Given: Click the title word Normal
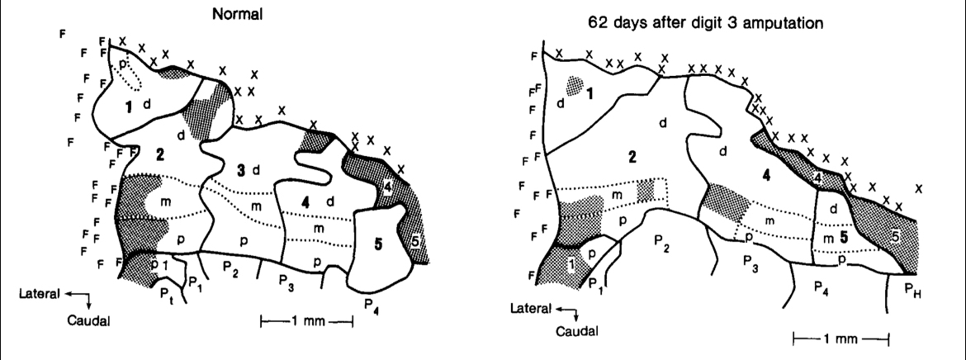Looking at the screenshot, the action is (x=237, y=16).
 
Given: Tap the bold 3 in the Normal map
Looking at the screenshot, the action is (x=241, y=168).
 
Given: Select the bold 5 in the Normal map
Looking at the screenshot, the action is (x=377, y=244).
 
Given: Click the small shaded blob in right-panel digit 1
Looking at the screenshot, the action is (x=575, y=85).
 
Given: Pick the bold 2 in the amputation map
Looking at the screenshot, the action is (x=632, y=157).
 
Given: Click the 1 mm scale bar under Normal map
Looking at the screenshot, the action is (x=307, y=320).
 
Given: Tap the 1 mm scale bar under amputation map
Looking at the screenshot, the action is (x=841, y=339).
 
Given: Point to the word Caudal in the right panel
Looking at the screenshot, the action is (x=576, y=331).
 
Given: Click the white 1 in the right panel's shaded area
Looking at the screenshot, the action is (x=571, y=264).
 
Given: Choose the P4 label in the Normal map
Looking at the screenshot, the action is (x=371, y=304).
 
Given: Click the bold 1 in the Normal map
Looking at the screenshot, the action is (x=129, y=108).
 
